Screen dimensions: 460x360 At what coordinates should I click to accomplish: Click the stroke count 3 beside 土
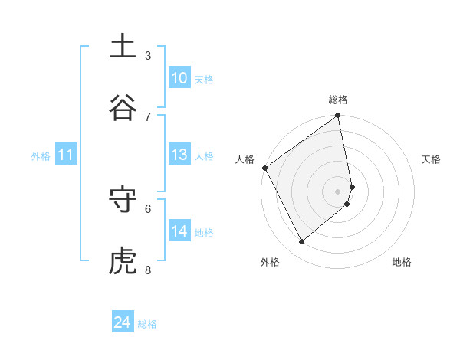click(x=148, y=55)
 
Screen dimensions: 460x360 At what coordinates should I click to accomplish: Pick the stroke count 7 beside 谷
click(x=148, y=116)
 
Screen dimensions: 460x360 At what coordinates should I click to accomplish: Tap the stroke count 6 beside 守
click(x=148, y=208)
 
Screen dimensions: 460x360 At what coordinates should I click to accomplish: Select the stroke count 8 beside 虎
click(x=148, y=270)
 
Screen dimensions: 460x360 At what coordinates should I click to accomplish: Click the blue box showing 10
click(x=179, y=78)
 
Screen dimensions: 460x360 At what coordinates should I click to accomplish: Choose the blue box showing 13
click(x=179, y=155)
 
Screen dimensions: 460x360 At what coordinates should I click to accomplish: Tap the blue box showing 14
click(x=179, y=231)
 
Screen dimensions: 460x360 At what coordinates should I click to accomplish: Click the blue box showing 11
click(x=66, y=155)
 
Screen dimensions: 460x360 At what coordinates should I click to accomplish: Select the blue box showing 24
click(x=123, y=322)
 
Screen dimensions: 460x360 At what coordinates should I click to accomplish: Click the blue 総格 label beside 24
click(x=147, y=324)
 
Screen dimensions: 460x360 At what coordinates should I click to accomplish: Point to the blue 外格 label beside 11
click(x=41, y=156)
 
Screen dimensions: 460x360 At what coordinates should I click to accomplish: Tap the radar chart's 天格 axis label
click(x=432, y=159)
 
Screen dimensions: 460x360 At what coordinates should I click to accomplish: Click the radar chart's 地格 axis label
click(x=402, y=263)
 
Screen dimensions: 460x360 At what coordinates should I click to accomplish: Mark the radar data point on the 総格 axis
click(x=338, y=116)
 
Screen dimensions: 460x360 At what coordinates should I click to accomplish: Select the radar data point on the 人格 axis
click(x=264, y=168)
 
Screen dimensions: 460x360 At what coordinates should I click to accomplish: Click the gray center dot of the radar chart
click(x=338, y=191)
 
